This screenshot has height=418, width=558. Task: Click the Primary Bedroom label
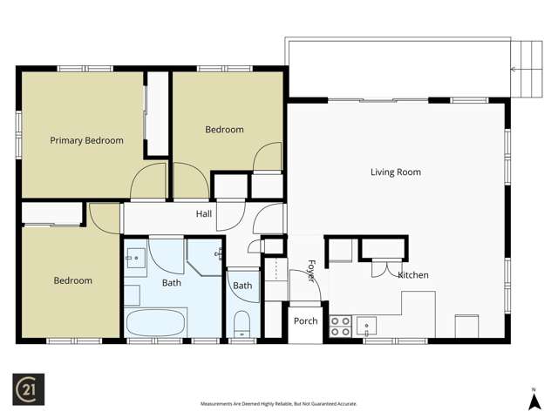(x=86, y=140)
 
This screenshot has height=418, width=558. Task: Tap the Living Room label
(x=396, y=172)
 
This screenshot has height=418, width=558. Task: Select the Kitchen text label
(x=413, y=275)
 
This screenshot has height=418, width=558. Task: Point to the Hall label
(x=204, y=213)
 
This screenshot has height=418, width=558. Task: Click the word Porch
(x=305, y=321)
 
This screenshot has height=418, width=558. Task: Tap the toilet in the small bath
(x=242, y=325)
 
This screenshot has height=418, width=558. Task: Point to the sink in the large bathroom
(x=136, y=258)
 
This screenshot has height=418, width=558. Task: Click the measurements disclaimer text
(x=279, y=404)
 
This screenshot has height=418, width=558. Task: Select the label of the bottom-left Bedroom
(x=72, y=280)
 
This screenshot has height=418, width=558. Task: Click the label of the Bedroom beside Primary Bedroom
(x=224, y=130)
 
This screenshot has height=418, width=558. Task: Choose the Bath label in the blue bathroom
(x=172, y=283)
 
